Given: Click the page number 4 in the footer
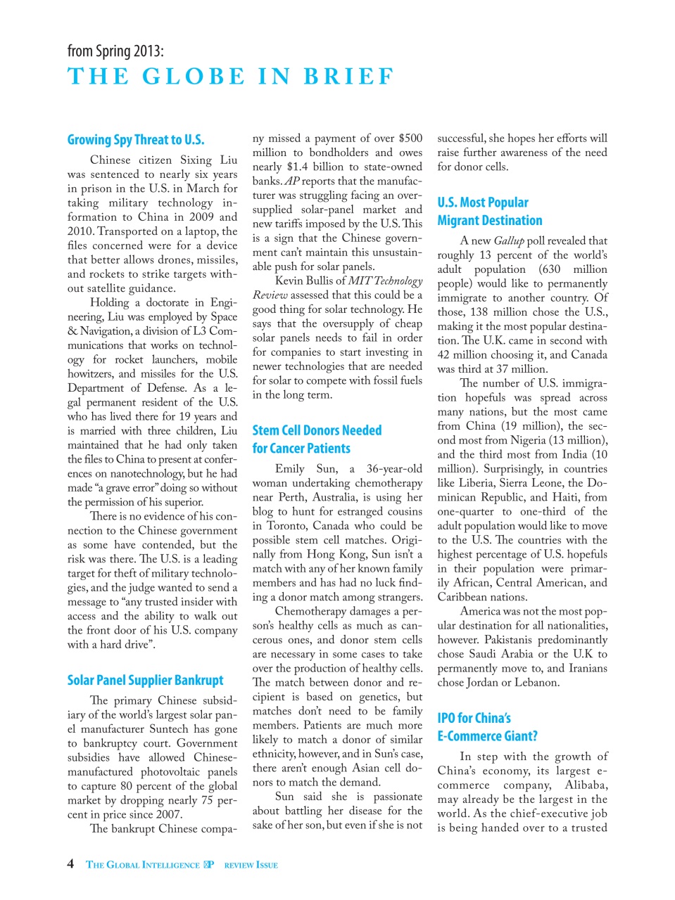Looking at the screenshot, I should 70,863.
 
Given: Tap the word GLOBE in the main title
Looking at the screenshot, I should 194,76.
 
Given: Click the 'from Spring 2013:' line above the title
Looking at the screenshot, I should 115,51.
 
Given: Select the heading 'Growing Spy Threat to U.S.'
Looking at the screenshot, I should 136,140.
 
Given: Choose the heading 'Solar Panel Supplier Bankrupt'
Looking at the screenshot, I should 145,680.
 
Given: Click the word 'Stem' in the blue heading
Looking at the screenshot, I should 265,430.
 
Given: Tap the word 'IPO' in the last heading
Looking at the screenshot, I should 446,718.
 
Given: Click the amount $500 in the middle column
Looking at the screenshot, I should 410,139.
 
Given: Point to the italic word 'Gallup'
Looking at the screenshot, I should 509,240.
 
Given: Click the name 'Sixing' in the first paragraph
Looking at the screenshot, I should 196,160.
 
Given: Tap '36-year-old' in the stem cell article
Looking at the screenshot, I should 394,468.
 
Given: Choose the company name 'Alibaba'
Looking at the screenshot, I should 586,785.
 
